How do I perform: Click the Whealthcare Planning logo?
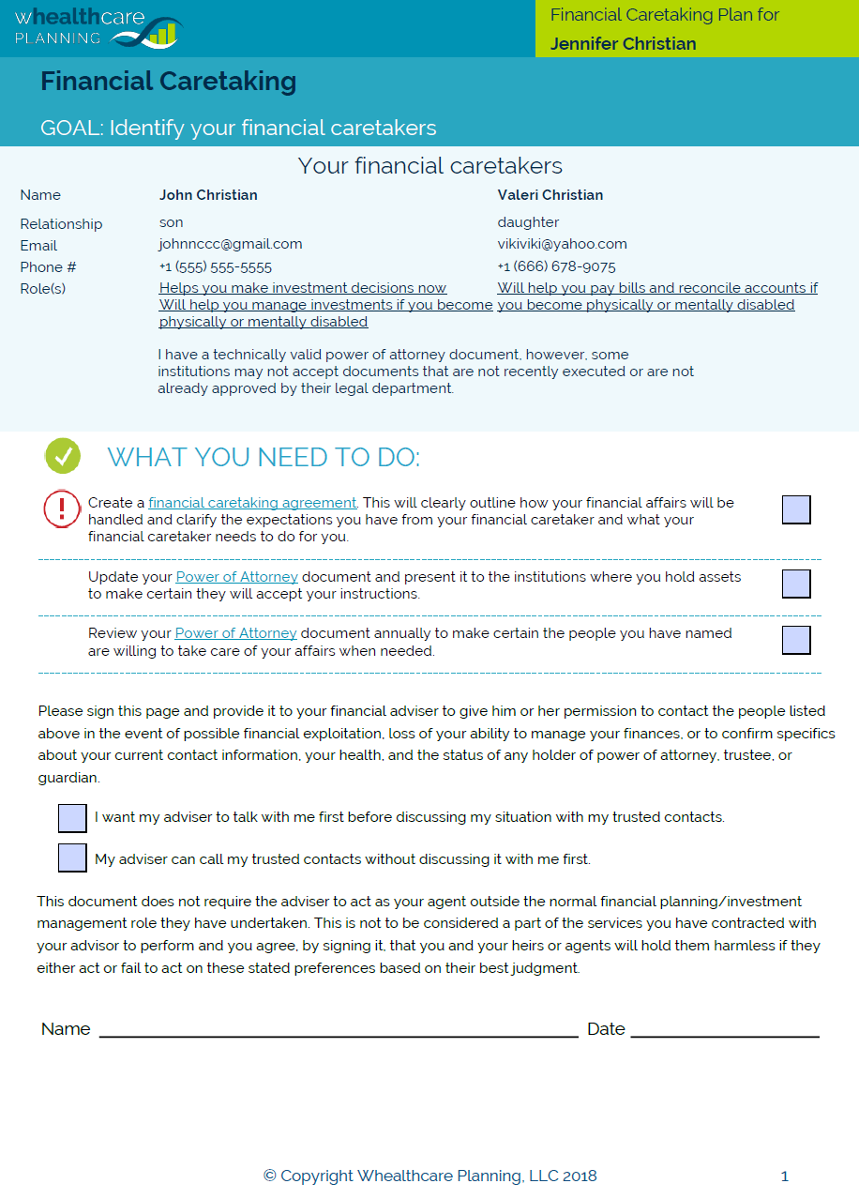97,28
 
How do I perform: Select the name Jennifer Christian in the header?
623,44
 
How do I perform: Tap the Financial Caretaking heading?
168,82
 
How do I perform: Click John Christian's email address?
231,244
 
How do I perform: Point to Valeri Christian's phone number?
556,266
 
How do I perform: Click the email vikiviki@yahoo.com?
562,244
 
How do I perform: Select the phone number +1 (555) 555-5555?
216,266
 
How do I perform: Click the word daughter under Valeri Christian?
528,222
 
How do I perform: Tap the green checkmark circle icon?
63,457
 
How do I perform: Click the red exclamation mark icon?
62,508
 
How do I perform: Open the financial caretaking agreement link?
252,503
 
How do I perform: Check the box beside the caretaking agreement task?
796,509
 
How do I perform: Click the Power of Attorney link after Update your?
237,577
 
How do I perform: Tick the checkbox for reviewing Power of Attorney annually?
796,640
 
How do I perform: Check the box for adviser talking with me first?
72,817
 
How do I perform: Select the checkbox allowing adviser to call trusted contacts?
72,858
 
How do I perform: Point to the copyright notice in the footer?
429,1176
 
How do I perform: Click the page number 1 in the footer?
785,1176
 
